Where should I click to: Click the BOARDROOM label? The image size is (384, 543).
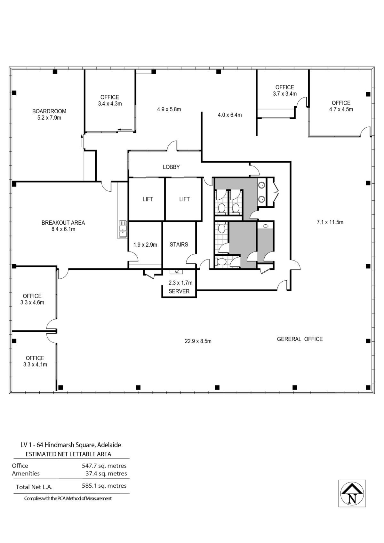pyautogui.click(x=49, y=111)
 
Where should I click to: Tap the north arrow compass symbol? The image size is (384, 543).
pyautogui.click(x=352, y=493)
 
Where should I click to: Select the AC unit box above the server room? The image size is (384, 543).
pyautogui.click(x=176, y=272)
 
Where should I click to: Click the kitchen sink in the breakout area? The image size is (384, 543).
pyautogui.click(x=123, y=229)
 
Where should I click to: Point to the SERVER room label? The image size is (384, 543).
pyautogui.click(x=179, y=291)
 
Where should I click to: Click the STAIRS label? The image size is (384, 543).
pyautogui.click(x=179, y=244)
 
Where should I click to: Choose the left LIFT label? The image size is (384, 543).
pyautogui.click(x=148, y=199)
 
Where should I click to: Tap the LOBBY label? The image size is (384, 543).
pyautogui.click(x=171, y=167)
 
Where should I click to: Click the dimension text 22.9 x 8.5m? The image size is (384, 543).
pyautogui.click(x=198, y=341)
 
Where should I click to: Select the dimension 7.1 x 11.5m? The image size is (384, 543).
pyautogui.click(x=330, y=222)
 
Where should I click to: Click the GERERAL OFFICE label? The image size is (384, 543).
pyautogui.click(x=300, y=339)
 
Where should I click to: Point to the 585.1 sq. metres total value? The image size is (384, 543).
pyautogui.click(x=104, y=486)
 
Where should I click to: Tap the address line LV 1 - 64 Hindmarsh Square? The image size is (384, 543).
pyautogui.click(x=71, y=445)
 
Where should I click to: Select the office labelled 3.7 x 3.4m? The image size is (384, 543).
pyautogui.click(x=284, y=94)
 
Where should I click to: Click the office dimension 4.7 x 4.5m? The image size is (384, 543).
pyautogui.click(x=341, y=109)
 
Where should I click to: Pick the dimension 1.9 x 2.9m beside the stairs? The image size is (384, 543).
pyautogui.click(x=145, y=245)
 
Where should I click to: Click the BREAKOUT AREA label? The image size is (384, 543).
pyautogui.click(x=63, y=223)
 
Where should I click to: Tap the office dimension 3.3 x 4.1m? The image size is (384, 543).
pyautogui.click(x=35, y=364)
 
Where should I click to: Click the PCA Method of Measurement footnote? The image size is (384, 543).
pyautogui.click(x=68, y=499)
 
